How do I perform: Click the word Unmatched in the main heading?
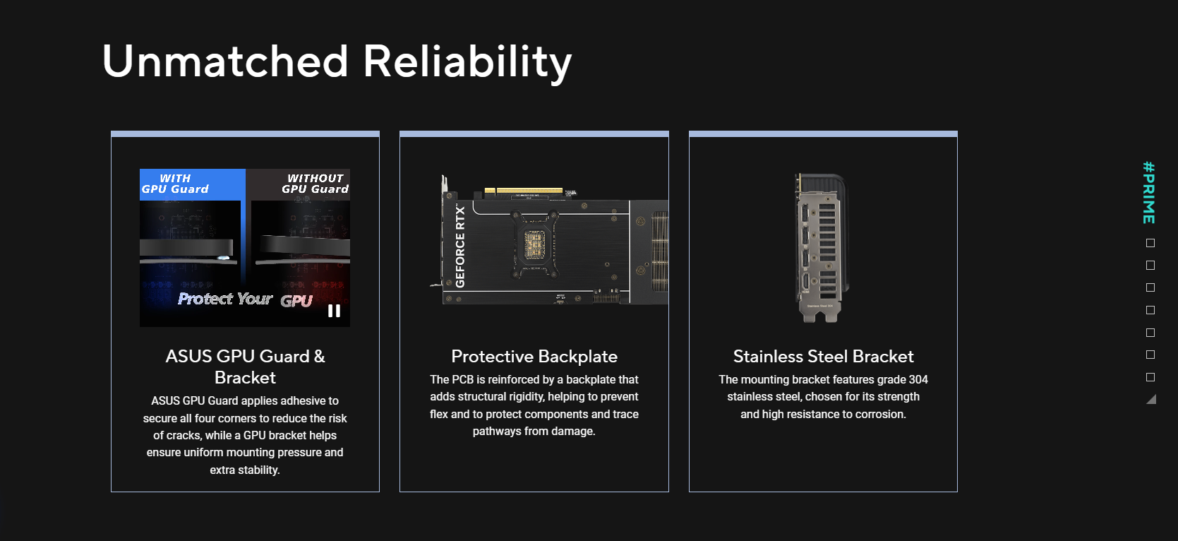click(225, 61)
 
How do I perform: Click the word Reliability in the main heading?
click(467, 63)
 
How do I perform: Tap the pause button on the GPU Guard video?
click(334, 311)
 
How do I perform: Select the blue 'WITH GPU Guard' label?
click(175, 184)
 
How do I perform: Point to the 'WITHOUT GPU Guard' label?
click(315, 184)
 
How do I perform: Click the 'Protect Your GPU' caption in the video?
click(245, 299)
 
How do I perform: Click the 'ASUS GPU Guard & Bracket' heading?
click(245, 367)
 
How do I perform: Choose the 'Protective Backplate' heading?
click(534, 356)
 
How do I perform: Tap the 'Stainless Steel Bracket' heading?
click(824, 356)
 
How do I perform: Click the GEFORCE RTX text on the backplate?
click(460, 246)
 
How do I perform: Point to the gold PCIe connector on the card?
click(523, 191)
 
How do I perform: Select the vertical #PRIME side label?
click(1149, 193)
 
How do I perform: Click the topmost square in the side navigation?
click(1150, 243)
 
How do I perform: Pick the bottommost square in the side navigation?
click(1150, 377)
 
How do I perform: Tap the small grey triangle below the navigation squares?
click(1152, 400)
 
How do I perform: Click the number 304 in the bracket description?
click(918, 379)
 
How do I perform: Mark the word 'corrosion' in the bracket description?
click(879, 414)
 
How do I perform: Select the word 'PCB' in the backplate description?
click(463, 379)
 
